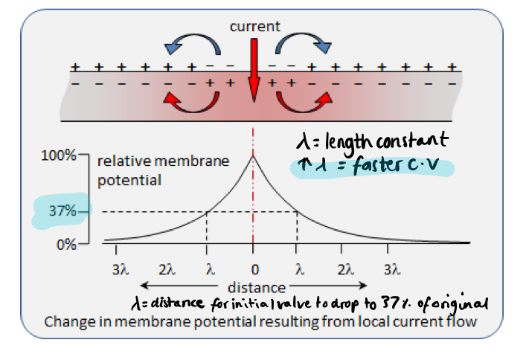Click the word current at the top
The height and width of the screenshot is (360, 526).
click(254, 27)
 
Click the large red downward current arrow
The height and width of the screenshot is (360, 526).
click(254, 71)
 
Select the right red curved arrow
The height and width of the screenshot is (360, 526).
click(307, 102)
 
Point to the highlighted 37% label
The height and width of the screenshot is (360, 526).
click(62, 210)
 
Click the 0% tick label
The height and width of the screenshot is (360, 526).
click(65, 243)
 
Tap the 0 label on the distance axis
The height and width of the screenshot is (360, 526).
click(254, 269)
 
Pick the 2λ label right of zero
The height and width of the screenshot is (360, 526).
click(344, 269)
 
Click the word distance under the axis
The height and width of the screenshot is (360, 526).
click(257, 286)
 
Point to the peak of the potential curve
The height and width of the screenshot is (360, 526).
click(254, 155)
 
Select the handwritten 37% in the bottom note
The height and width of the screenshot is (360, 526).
click(393, 303)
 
